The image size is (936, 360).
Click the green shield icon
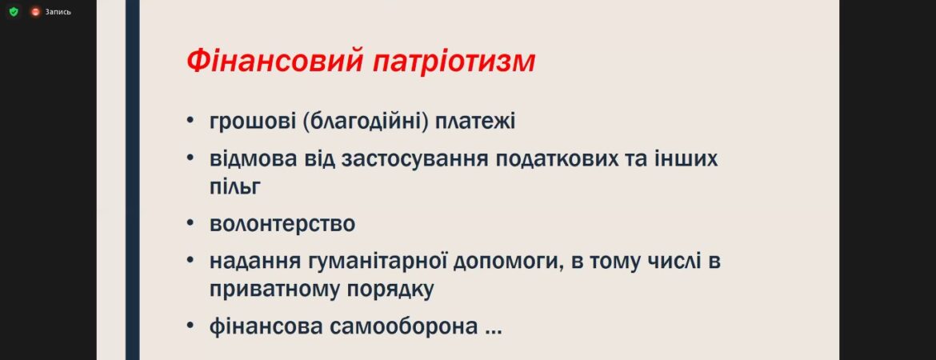tap(14, 11)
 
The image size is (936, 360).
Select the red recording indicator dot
tap(35, 11)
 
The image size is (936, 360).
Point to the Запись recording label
tap(58, 11)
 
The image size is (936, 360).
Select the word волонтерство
tap(282, 225)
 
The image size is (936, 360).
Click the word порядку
tap(390, 290)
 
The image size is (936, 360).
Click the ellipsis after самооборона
tap(493, 333)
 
